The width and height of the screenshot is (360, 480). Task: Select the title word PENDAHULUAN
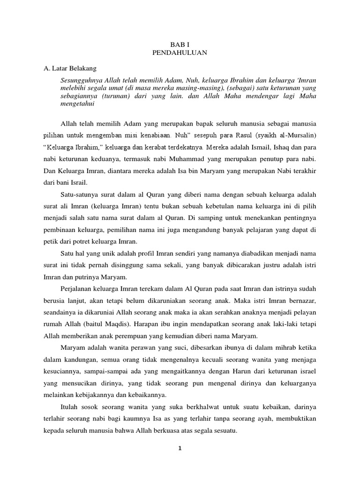[180, 53]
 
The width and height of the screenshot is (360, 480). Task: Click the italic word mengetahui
[78, 105]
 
